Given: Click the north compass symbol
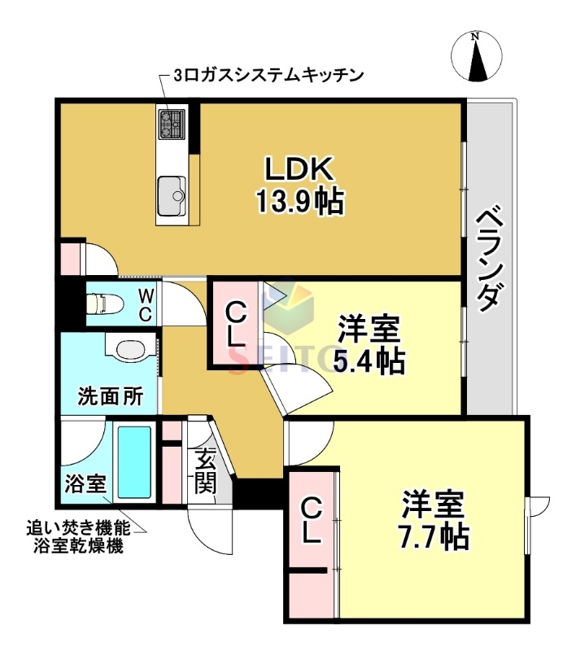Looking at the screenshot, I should coord(475,56).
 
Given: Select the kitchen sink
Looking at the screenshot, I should coord(172,190).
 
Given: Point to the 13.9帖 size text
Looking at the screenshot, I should coord(299,200).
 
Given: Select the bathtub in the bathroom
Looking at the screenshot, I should coord(133,461).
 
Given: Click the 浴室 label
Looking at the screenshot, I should coord(84,483).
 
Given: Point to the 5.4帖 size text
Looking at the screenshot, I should coord(369,359).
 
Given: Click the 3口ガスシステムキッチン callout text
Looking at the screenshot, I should coord(268,76).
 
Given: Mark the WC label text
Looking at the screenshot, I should coord(144,304).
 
